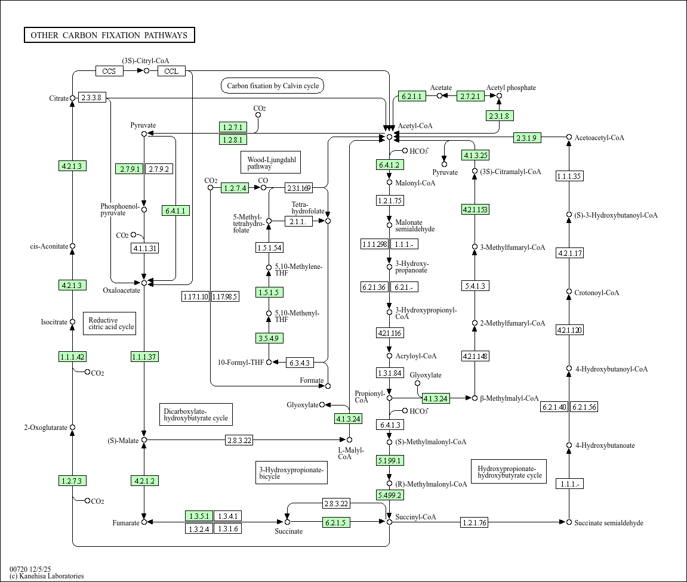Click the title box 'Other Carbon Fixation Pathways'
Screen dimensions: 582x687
pos(109,35)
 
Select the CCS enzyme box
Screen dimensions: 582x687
pos(109,72)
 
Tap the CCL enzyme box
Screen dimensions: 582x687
pos(171,72)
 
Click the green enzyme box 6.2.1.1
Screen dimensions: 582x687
pos(411,96)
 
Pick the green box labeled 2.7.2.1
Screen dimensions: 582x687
pos(471,96)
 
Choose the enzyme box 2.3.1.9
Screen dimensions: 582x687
pos(527,138)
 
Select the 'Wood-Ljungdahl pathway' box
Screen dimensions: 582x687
pos(271,163)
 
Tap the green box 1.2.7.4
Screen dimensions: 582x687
pos(235,188)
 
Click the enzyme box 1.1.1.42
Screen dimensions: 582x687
pos(72,357)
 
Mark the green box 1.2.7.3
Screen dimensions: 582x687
pos(72,481)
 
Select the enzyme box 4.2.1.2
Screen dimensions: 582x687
pos(144,481)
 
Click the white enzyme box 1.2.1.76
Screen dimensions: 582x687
pos(475,523)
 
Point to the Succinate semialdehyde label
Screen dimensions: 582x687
pos(608,523)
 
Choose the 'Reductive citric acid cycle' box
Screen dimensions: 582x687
pos(109,323)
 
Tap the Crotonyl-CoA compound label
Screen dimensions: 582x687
pos(596,293)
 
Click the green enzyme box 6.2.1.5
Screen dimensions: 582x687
pos(336,523)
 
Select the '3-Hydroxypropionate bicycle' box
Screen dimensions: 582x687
pos(291,473)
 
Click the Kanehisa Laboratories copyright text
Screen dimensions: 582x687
pos(47,576)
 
